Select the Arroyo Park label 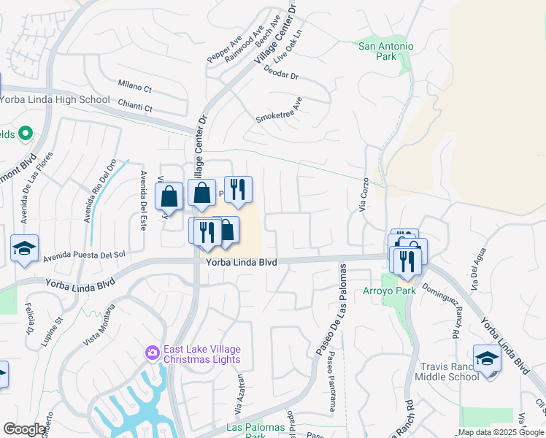coord(389,291)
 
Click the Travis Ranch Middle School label coord(447,372)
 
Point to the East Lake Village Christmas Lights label coord(201,354)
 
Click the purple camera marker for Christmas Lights coord(152,353)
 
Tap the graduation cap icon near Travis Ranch coord(487,359)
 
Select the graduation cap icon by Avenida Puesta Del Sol coord(24,247)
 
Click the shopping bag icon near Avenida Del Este coord(169,196)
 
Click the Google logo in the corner coord(24,429)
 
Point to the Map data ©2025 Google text coord(501,432)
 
